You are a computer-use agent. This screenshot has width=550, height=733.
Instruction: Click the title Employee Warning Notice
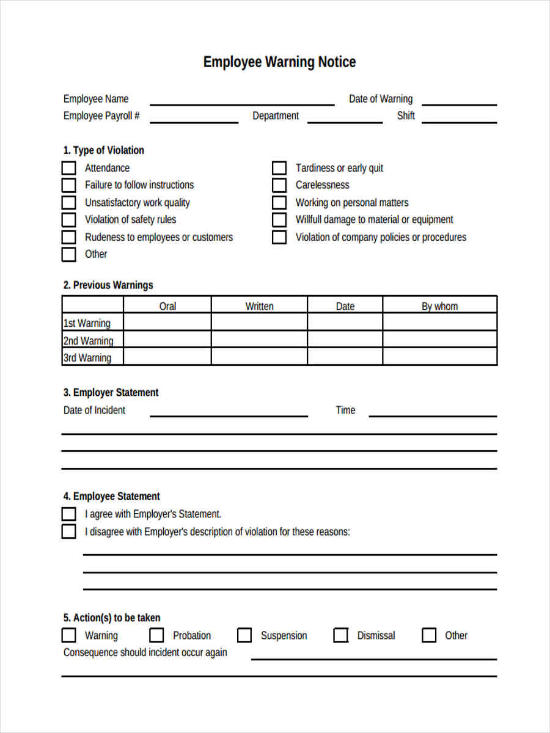(279, 62)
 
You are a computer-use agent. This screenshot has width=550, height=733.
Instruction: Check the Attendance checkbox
(69, 168)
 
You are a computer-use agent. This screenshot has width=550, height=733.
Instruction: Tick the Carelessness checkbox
(279, 185)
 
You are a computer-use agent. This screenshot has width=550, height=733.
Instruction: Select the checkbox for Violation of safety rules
(69, 220)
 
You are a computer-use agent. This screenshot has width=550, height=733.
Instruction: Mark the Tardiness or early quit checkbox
(279, 168)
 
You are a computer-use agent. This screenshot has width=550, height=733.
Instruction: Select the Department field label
(276, 116)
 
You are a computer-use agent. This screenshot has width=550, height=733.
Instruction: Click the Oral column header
(167, 306)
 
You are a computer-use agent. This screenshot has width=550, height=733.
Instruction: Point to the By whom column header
(439, 306)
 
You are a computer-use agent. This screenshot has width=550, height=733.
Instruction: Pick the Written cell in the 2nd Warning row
(259, 340)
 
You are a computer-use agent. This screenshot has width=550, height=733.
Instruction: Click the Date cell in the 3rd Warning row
(345, 357)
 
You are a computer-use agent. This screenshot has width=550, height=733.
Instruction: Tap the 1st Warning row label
(87, 323)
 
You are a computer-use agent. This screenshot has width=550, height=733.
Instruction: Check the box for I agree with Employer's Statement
(69, 514)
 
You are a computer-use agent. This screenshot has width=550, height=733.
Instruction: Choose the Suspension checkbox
(244, 635)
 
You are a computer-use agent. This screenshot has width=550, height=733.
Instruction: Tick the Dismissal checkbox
(341, 635)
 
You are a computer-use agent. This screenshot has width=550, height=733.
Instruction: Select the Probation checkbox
(157, 635)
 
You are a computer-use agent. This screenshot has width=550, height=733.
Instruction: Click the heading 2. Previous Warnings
(108, 285)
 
